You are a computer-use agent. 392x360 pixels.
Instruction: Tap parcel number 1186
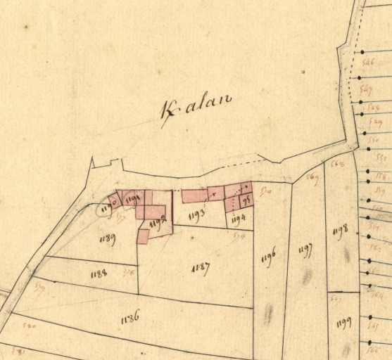130,317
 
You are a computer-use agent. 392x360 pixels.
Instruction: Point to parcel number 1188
99,274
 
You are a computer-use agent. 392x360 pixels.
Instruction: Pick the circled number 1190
107,207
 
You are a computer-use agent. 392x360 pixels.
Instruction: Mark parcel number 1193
197,212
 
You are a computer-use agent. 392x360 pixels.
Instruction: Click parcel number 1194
238,219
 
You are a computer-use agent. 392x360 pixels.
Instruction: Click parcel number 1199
343,323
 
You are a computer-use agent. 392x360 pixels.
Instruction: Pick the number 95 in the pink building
246,200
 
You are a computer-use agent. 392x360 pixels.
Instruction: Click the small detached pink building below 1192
143,236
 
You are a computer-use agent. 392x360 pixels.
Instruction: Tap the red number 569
313,179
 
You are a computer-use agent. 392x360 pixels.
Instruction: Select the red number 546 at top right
366,62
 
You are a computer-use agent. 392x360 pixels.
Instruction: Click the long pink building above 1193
195,195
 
